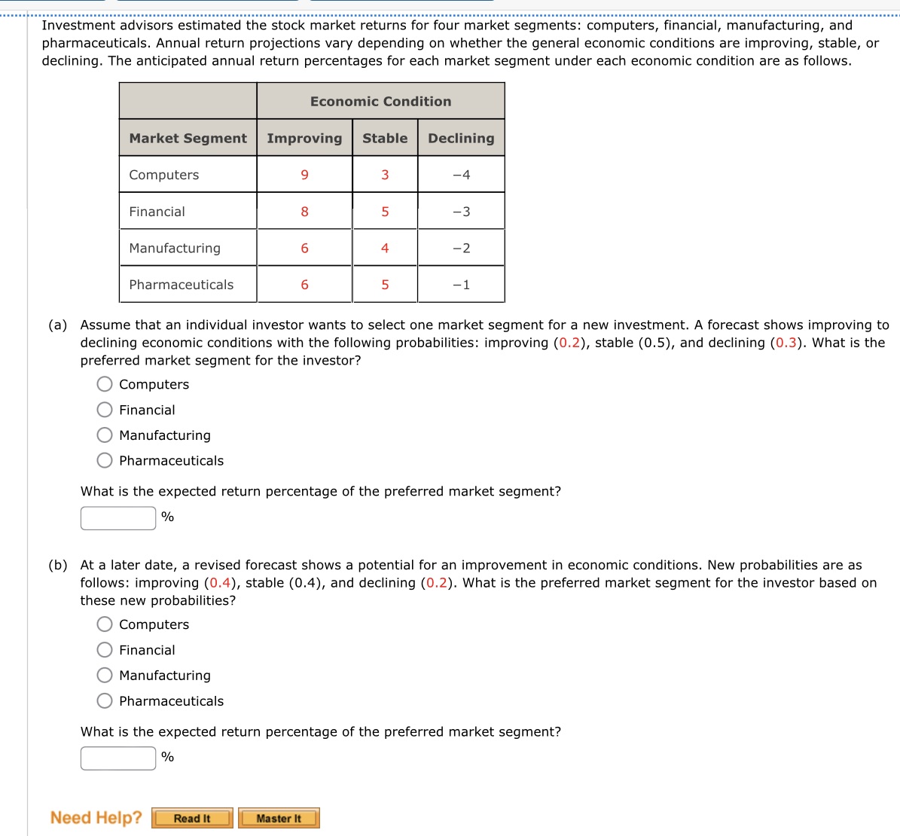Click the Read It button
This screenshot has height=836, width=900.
[192, 818]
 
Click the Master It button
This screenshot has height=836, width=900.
[279, 818]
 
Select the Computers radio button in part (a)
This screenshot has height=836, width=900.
[105, 384]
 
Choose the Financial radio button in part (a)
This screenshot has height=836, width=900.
[105, 410]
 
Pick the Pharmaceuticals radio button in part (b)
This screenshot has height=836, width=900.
[105, 701]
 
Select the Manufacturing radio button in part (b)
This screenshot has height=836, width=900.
[105, 676]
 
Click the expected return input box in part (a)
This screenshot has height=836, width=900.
[118, 517]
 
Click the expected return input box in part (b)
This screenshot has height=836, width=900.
[118, 758]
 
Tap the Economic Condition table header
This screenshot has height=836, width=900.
[380, 102]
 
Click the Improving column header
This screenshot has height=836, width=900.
[304, 139]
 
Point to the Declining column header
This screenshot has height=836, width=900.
[461, 139]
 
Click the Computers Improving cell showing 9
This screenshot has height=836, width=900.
[304, 175]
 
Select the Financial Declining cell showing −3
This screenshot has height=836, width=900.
[461, 212]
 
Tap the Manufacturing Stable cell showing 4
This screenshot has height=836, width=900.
[385, 248]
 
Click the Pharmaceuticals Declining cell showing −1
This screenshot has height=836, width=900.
[461, 285]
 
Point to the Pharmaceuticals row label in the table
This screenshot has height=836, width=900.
[182, 285]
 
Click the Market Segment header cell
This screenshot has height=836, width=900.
[188, 139]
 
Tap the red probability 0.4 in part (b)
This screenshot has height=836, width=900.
[220, 583]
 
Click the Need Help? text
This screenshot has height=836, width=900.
[96, 818]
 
